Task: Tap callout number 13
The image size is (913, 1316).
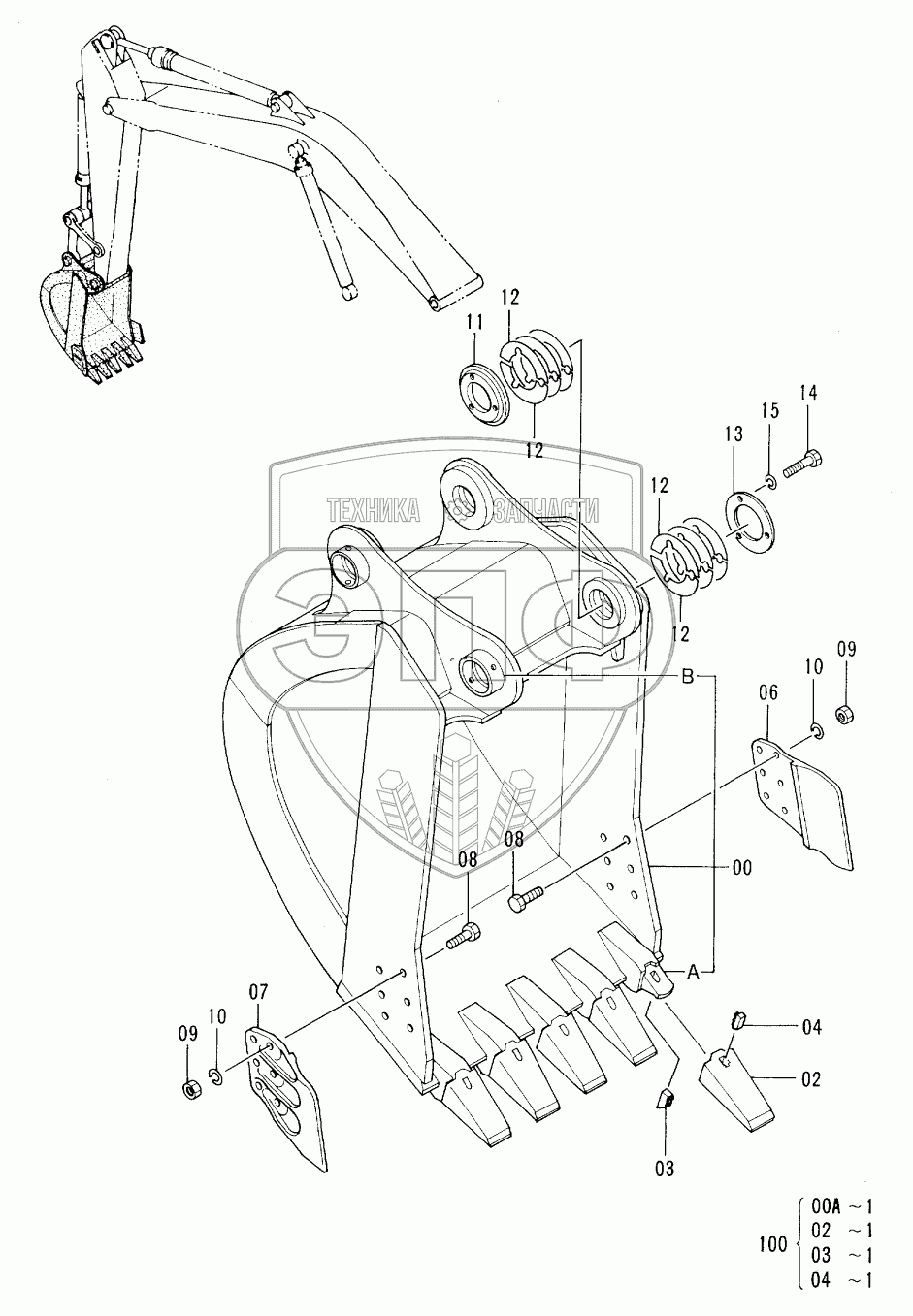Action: pyautogui.click(x=734, y=434)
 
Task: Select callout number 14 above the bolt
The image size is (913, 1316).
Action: pyautogui.click(x=808, y=393)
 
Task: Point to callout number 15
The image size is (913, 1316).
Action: pyautogui.click(x=770, y=410)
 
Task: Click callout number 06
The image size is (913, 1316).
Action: pyautogui.click(x=768, y=692)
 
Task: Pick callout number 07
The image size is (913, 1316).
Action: pyautogui.click(x=257, y=992)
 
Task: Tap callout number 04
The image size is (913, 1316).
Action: pyautogui.click(x=812, y=1028)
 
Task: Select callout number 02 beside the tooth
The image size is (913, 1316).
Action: pyautogui.click(x=811, y=1079)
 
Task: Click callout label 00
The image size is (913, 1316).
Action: pyautogui.click(x=742, y=867)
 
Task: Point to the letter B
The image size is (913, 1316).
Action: pyautogui.click(x=689, y=677)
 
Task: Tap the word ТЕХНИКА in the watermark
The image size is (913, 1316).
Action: pyautogui.click(x=374, y=510)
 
